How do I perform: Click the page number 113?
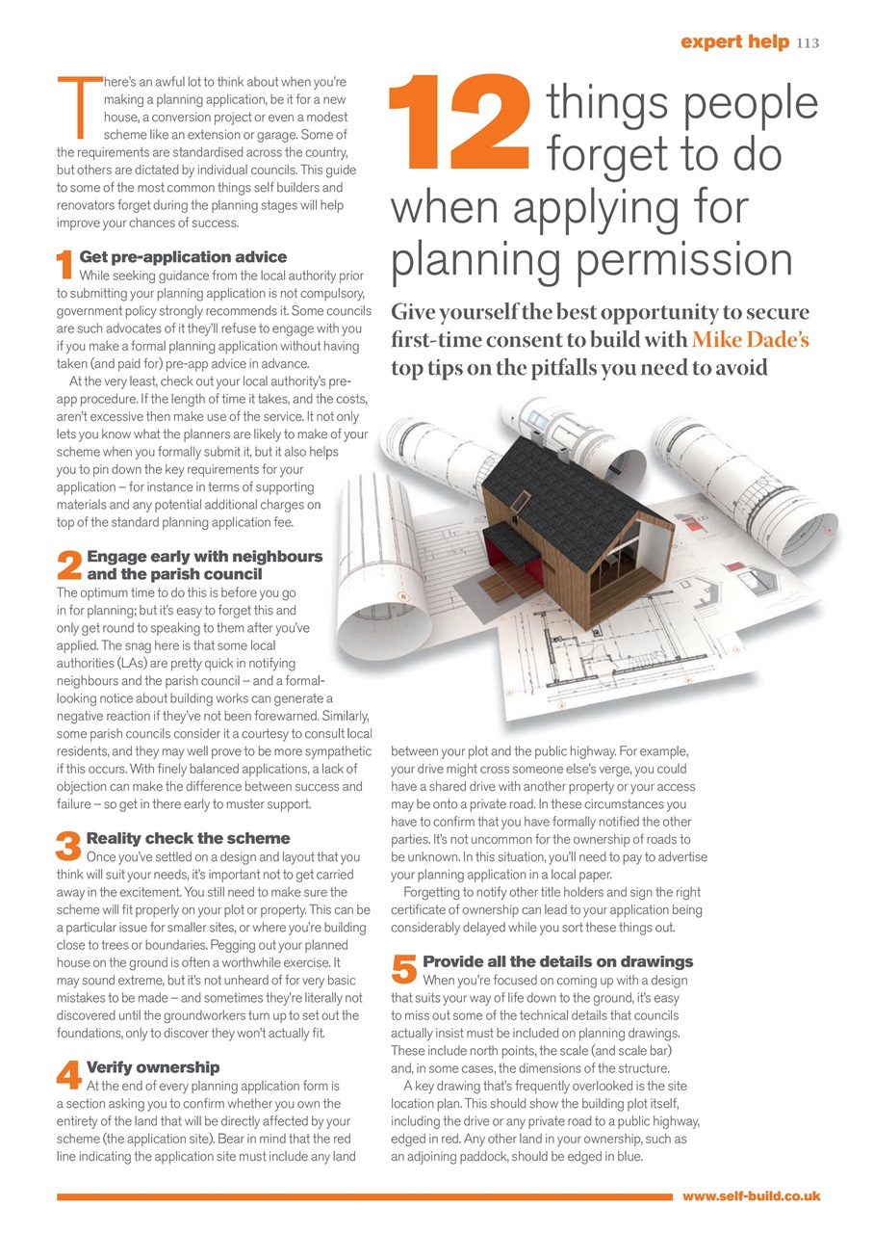pos(807,42)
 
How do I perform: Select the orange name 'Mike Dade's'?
pos(752,341)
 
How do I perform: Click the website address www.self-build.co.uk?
pos(751,1195)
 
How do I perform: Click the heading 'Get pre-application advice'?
pos(183,257)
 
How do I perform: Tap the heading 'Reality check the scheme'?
pos(188,838)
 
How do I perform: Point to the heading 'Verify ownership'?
pos(153,1067)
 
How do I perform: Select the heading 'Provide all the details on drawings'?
pos(557,961)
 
